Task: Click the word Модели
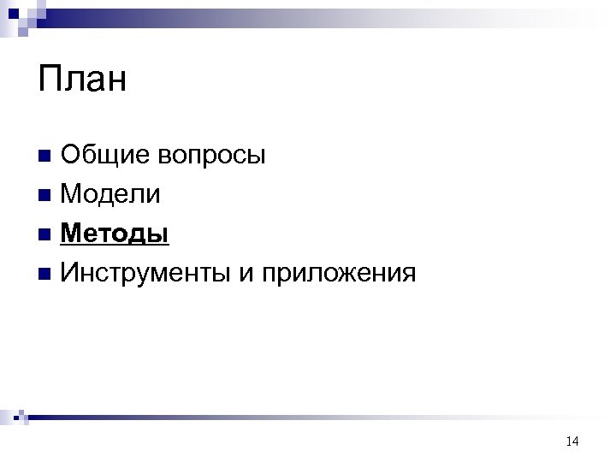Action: click(110, 194)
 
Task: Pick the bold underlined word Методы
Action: click(115, 234)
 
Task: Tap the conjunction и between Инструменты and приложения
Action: click(248, 275)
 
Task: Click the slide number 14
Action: click(572, 441)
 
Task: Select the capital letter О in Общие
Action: click(71, 155)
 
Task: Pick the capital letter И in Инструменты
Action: click(71, 273)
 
